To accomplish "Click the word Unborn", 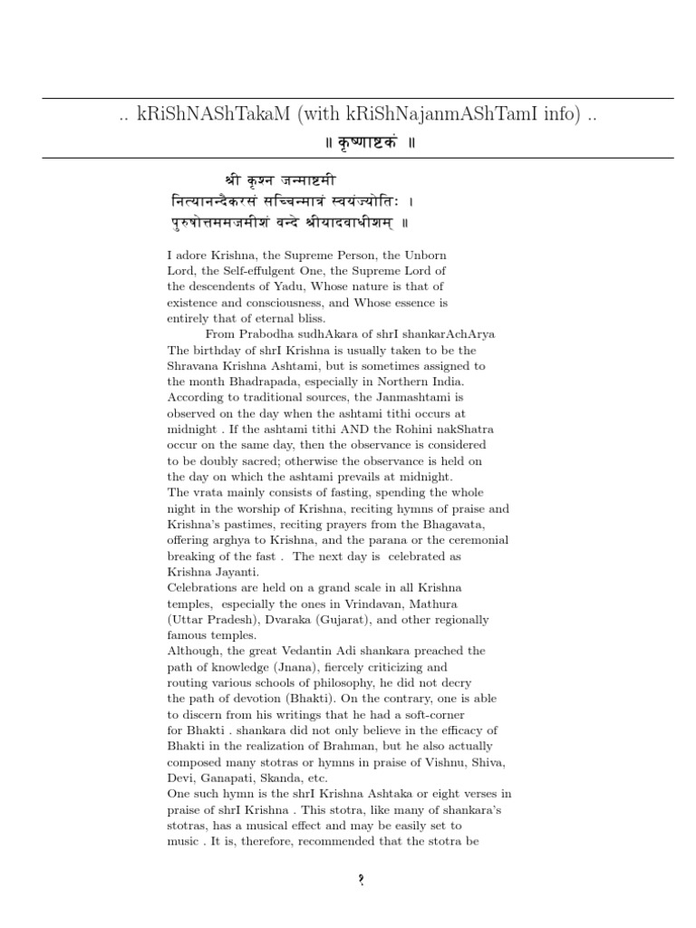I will (x=424, y=256).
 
